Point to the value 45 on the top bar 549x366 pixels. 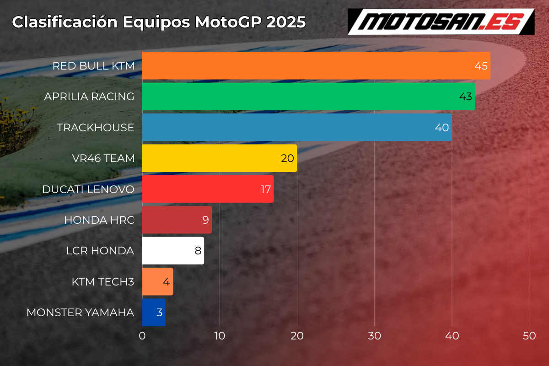pyautogui.click(x=481, y=66)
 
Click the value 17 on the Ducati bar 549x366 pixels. pyautogui.click(x=266, y=189)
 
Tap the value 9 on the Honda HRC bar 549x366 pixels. pyautogui.click(x=205, y=220)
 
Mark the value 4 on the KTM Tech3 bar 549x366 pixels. pyautogui.click(x=167, y=282)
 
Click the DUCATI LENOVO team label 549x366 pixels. pyautogui.click(x=88, y=189)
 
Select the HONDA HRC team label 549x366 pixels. pyautogui.click(x=99, y=220)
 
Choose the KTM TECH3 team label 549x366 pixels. pyautogui.click(x=103, y=282)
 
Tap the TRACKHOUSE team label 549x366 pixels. pyautogui.click(x=96, y=128)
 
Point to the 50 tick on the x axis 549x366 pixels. pyautogui.click(x=529, y=336)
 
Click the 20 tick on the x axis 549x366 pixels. pyautogui.click(x=297, y=336)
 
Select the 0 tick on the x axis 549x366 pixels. pyautogui.click(x=142, y=336)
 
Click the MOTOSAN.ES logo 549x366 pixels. pyautogui.click(x=441, y=22)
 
